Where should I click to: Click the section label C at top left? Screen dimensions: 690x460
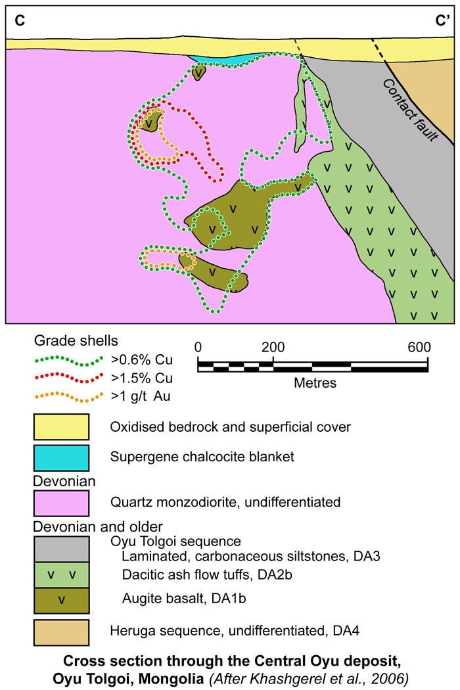20,21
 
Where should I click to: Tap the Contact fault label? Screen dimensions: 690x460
414,108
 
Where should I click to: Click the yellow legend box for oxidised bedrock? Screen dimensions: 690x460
61,427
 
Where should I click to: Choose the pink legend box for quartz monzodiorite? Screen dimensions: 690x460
61,503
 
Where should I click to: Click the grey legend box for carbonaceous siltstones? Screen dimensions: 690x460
61,548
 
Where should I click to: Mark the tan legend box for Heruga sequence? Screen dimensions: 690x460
61,632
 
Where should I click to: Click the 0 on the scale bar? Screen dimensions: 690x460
198,348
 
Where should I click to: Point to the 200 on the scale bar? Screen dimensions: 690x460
272,348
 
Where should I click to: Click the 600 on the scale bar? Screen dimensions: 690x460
419,348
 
